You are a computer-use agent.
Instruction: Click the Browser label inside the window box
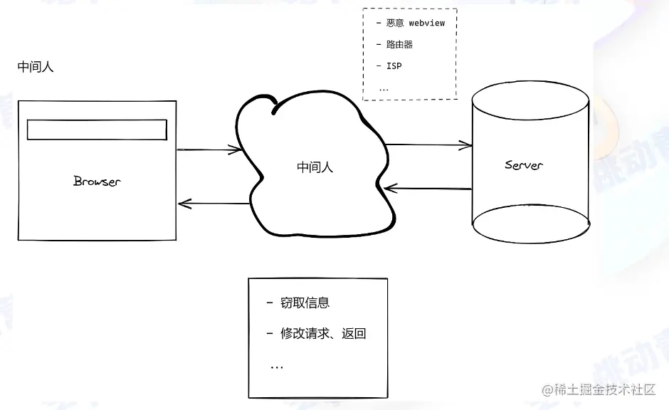(97, 181)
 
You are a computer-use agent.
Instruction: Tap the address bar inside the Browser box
(97, 130)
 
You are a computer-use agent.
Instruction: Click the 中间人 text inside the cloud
(315, 168)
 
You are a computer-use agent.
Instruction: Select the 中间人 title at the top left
(36, 68)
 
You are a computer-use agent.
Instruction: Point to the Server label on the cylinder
(524, 165)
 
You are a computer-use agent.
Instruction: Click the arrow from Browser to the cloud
(209, 150)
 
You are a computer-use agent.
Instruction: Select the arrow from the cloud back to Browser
(214, 204)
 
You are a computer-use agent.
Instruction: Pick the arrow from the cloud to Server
(428, 145)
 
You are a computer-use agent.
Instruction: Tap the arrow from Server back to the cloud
(427, 189)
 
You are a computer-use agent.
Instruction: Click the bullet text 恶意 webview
(416, 23)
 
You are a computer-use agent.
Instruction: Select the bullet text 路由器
(399, 44)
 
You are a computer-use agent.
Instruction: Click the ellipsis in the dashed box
(384, 89)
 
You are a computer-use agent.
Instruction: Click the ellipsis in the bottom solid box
(277, 366)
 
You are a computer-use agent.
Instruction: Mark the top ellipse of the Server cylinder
(532, 100)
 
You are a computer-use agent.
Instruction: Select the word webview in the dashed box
(426, 23)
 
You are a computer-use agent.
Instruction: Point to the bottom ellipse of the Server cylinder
(532, 225)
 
